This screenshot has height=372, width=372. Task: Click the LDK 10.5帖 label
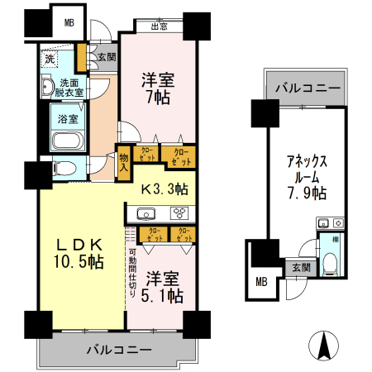(79, 254)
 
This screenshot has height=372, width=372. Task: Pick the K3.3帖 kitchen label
(164, 188)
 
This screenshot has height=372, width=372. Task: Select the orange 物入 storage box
(124, 159)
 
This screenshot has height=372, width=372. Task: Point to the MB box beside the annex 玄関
(261, 282)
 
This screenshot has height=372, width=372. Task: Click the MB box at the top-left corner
(69, 22)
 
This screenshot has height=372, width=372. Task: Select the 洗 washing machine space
(50, 60)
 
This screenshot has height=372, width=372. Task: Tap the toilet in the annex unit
(331, 264)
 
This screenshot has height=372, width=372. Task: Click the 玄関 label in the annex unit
(300, 267)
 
